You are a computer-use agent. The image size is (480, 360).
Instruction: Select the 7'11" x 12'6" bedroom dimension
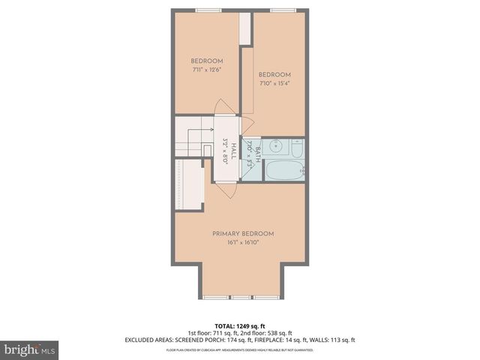(x=206, y=70)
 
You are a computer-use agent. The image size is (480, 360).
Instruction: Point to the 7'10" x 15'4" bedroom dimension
(x=275, y=84)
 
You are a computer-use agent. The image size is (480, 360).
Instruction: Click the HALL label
(x=233, y=148)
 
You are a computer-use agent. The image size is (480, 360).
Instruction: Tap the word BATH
(x=257, y=154)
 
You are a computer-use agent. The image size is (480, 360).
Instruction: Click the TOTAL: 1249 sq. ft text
(x=239, y=325)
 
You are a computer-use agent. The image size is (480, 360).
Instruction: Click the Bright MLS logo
(x=30, y=349)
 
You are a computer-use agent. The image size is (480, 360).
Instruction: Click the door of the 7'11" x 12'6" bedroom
(x=223, y=108)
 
